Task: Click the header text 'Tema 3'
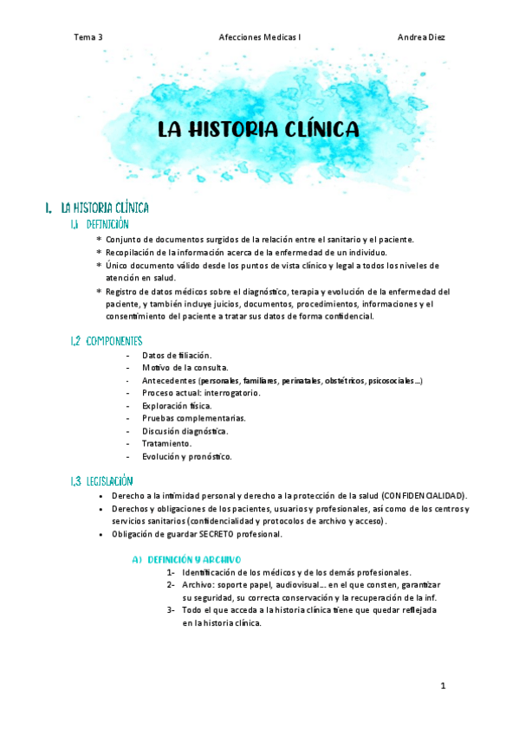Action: [88, 37]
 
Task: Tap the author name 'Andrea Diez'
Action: [421, 37]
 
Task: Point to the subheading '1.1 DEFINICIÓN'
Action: [100, 224]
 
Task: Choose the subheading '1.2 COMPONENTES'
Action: [107, 341]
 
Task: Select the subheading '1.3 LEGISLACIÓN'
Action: [102, 480]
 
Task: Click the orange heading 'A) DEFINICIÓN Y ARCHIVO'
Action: [186, 559]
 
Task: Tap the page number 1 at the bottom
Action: [443, 686]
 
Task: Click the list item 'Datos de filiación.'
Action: [176, 356]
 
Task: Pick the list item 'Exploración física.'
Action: [176, 405]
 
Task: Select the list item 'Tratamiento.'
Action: [166, 443]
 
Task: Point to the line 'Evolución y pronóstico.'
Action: [186, 456]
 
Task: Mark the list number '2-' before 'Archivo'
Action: [171, 585]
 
